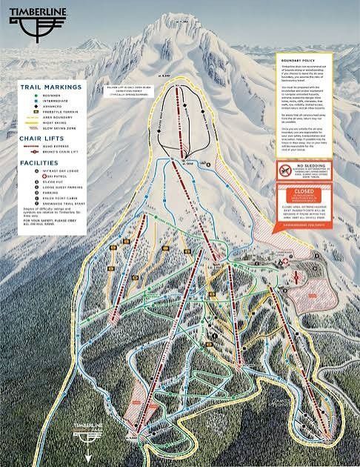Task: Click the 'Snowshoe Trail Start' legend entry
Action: click(49, 231)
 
